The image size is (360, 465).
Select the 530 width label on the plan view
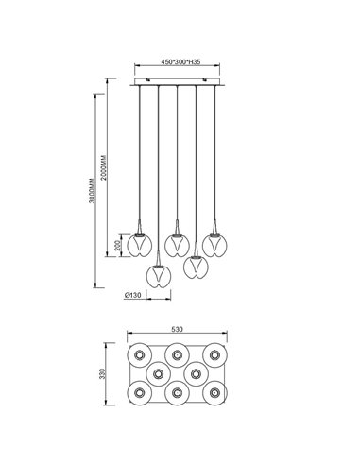point(177,331)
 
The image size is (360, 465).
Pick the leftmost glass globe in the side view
point(139,244)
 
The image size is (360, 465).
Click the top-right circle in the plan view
point(215,355)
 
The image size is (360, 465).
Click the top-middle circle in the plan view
point(177,355)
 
